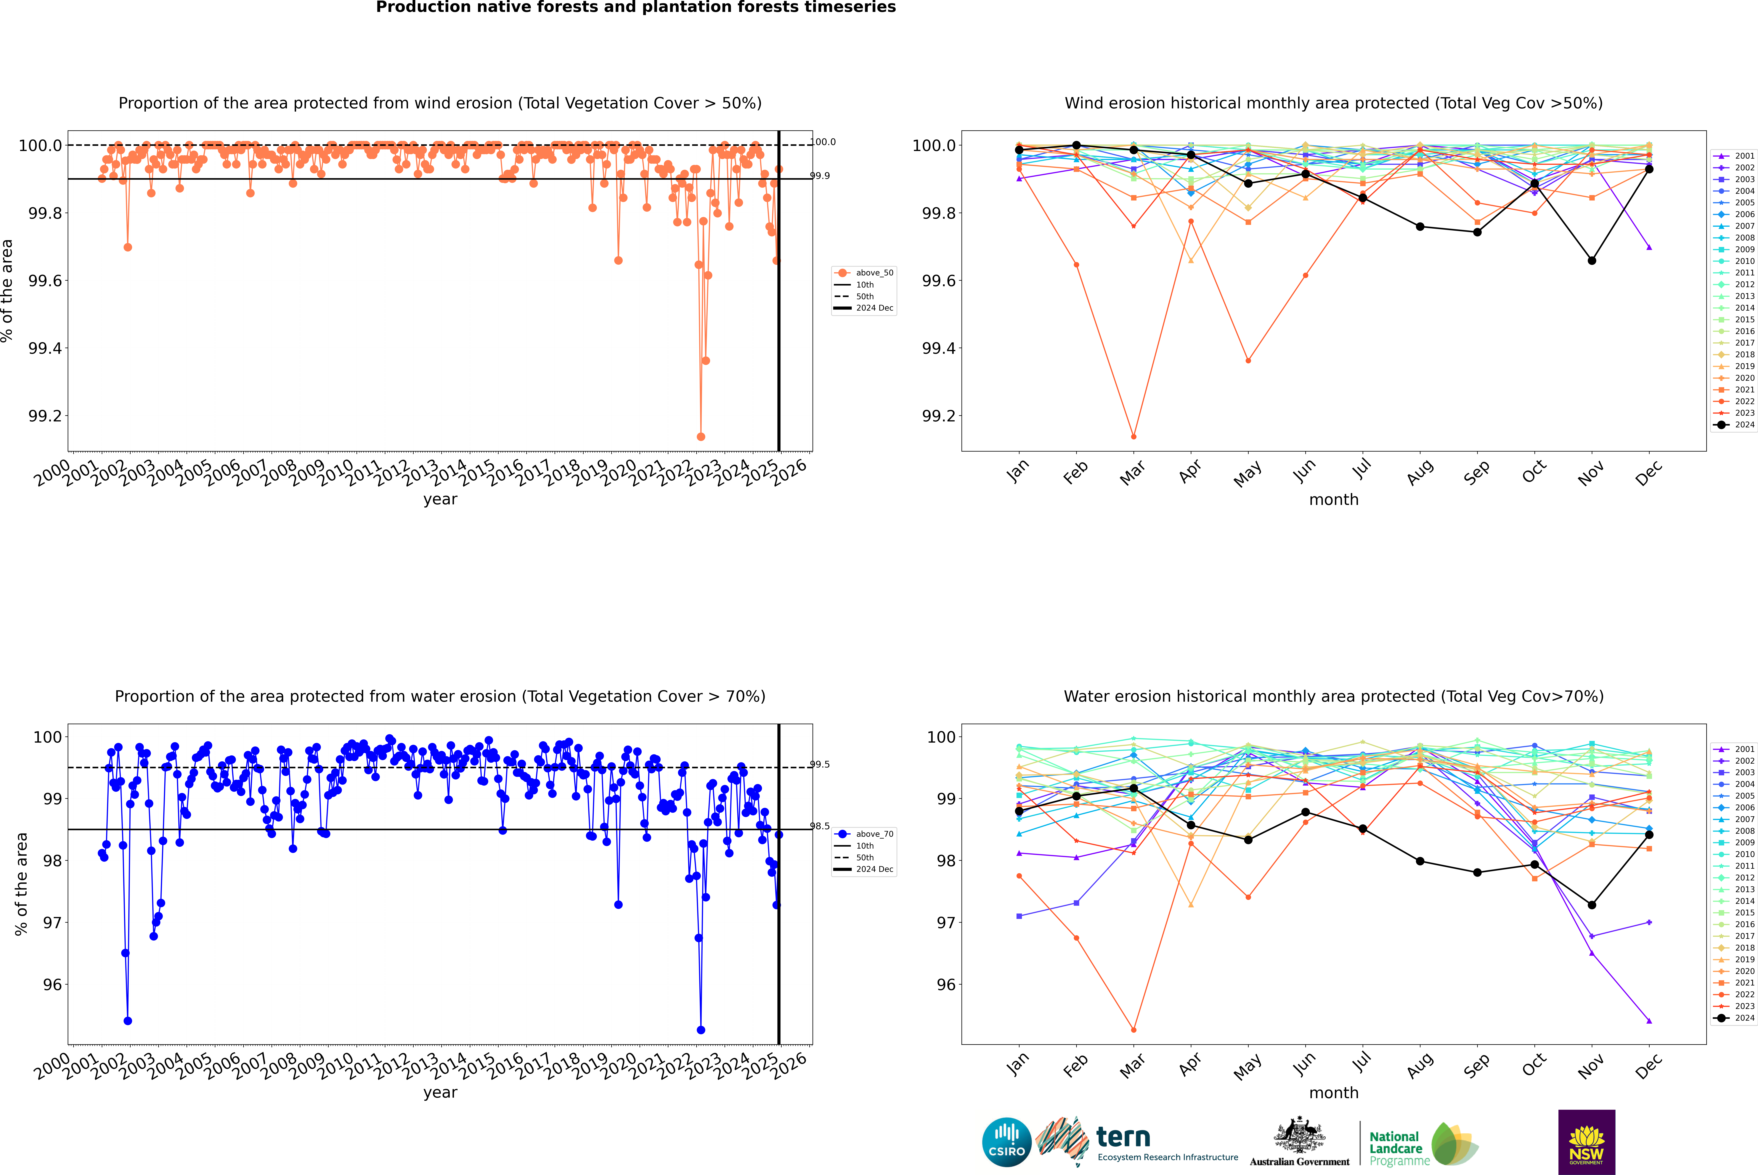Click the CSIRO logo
[1006, 1142]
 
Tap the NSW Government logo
[1586, 1142]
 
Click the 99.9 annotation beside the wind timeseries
[820, 175]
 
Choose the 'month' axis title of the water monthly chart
[1334, 1093]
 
